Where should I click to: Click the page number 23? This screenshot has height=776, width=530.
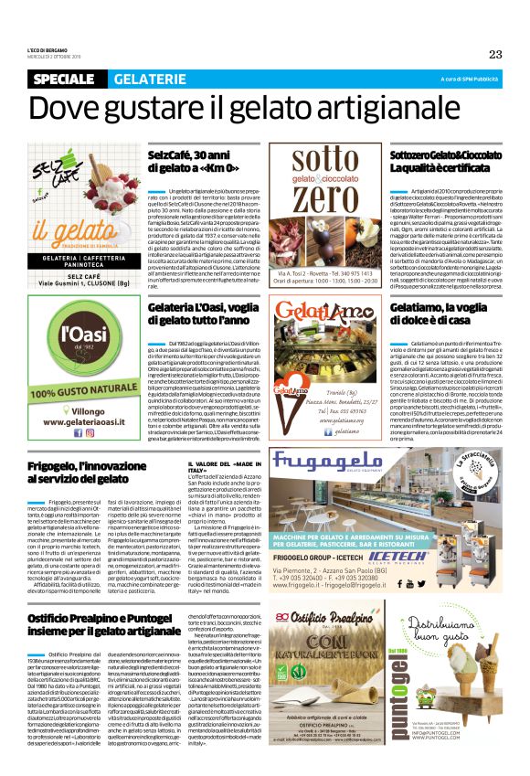pos(494,54)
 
